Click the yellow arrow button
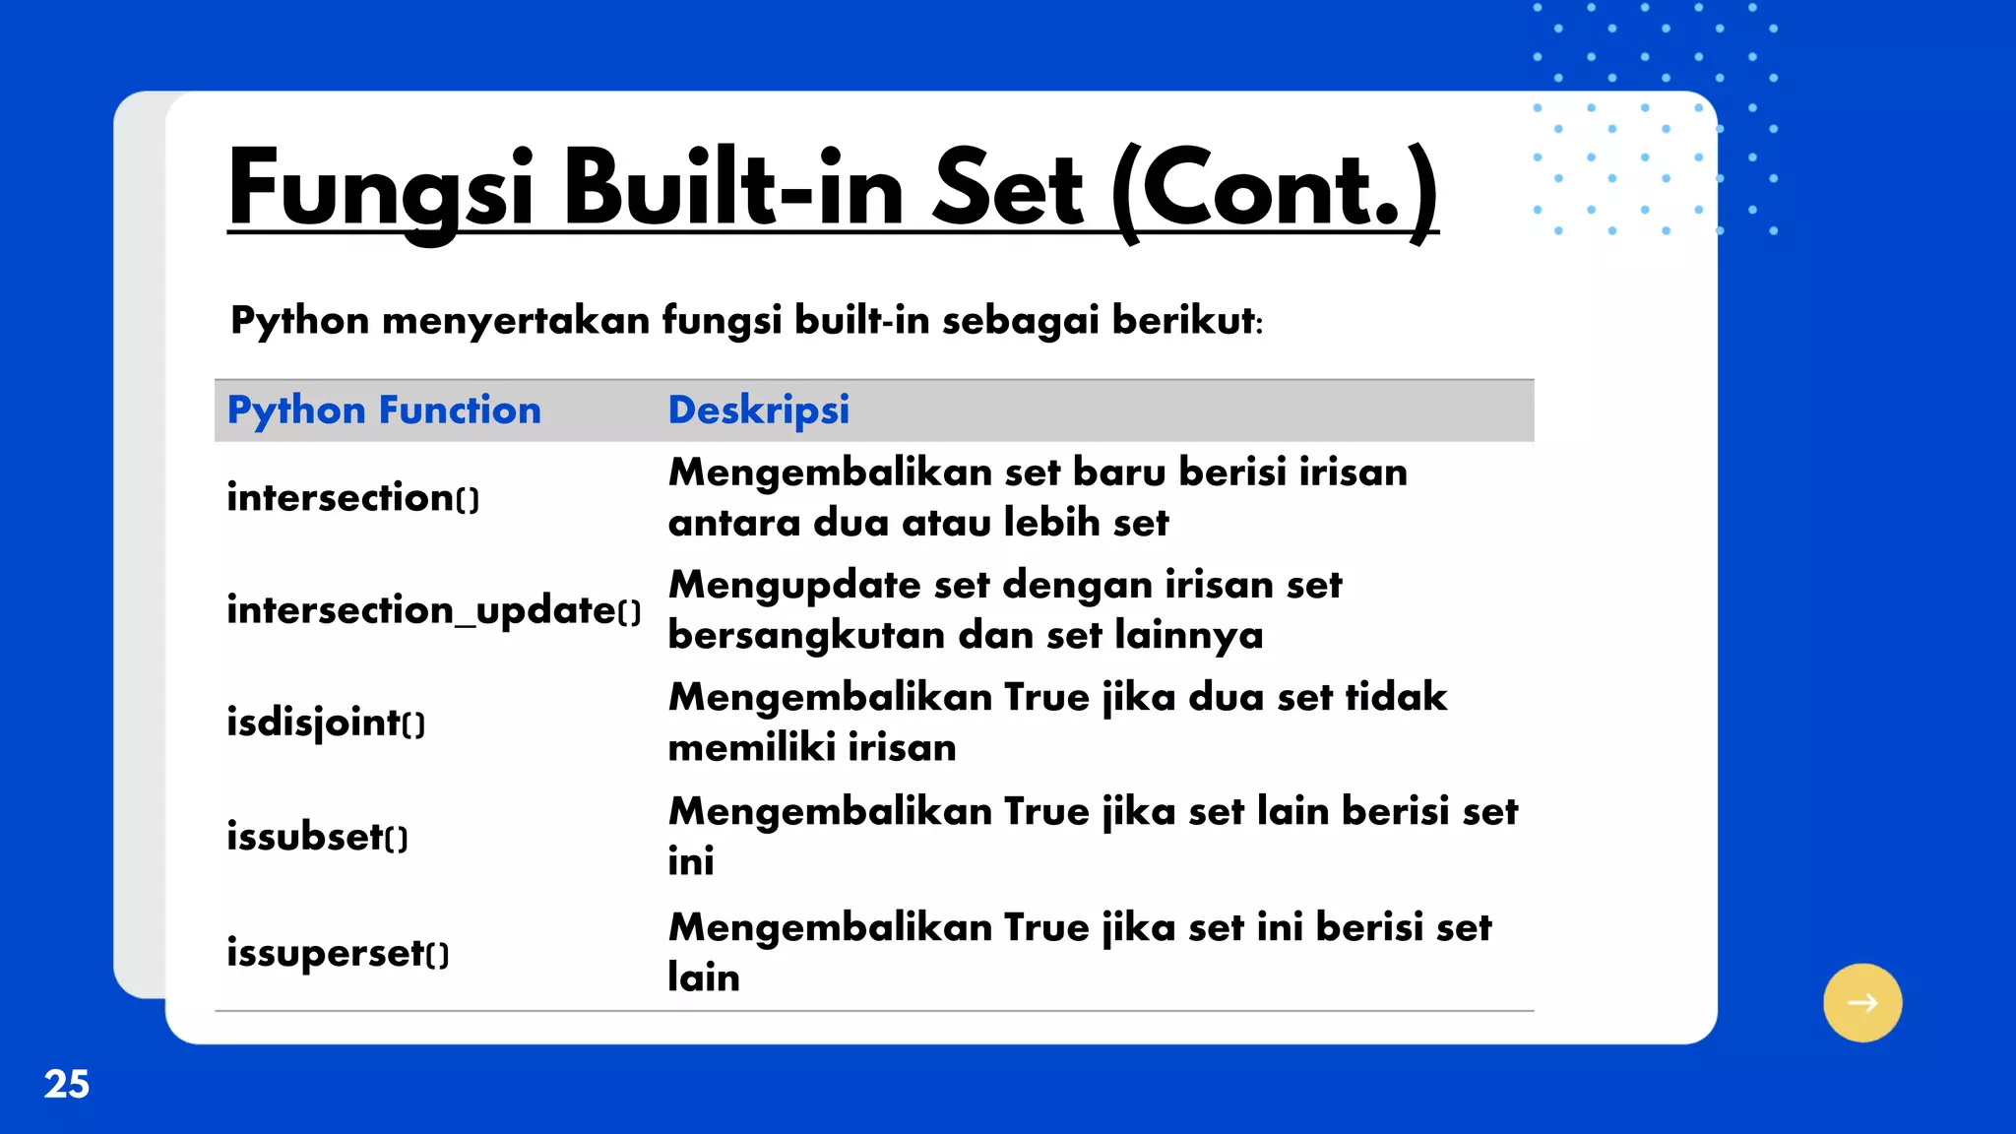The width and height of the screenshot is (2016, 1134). [x=1861, y=1002]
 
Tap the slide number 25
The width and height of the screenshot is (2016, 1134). [x=67, y=1084]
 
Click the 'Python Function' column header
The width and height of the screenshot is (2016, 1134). [x=384, y=409]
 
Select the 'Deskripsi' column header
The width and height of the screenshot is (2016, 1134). [x=758, y=409]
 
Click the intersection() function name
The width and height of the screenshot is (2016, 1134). [x=352, y=497]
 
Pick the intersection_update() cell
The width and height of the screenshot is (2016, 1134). [x=433, y=610]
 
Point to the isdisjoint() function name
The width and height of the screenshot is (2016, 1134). [x=326, y=723]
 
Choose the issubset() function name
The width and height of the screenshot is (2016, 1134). [x=317, y=837]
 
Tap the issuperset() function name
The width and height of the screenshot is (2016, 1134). [x=338, y=953]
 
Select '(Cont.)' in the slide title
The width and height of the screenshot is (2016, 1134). [x=1276, y=189]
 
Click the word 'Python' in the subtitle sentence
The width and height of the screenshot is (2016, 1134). [x=299, y=321]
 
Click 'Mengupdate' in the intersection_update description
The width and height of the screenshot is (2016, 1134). [x=794, y=586]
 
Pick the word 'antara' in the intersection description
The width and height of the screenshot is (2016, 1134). [x=733, y=523]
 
